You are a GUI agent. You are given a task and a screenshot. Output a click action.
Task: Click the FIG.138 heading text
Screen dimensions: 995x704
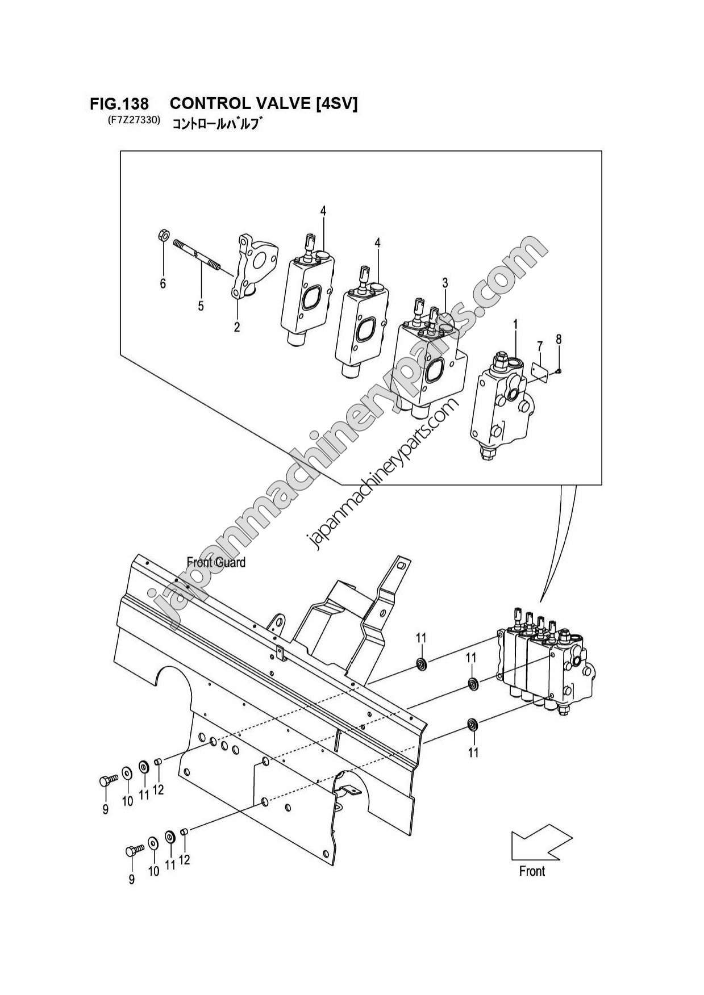tap(119, 104)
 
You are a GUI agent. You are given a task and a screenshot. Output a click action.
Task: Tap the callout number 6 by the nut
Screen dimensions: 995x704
tap(163, 283)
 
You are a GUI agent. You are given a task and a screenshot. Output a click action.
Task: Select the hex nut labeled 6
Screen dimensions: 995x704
tap(161, 235)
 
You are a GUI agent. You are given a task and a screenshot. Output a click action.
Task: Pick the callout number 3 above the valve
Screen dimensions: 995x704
tap(445, 282)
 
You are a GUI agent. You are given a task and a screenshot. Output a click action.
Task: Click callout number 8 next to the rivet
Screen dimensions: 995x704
tap(559, 340)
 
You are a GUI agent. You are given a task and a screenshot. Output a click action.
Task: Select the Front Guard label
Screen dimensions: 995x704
tap(216, 562)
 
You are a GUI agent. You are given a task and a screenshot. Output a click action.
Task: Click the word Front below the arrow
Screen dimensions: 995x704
tap(532, 871)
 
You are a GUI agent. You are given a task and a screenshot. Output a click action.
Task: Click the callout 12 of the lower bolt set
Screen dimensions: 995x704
tap(184, 860)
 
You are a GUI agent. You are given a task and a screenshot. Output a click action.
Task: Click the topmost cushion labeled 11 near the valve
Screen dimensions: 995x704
tap(420, 663)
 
